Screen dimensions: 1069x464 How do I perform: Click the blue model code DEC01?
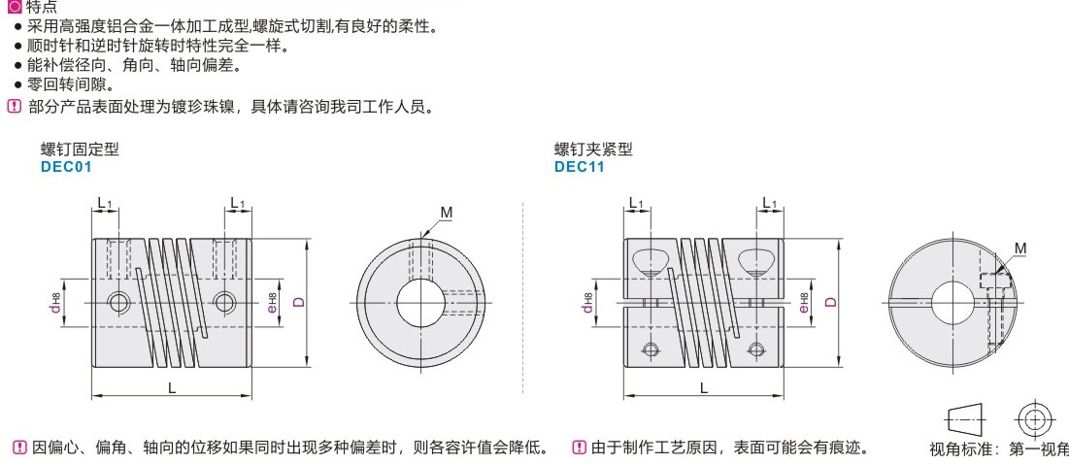point(66,166)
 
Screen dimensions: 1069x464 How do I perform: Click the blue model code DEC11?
point(580,166)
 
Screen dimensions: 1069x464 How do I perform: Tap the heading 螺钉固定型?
point(80,149)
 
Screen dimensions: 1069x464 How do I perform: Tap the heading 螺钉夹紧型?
point(593,149)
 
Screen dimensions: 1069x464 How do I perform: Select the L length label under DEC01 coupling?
point(173,387)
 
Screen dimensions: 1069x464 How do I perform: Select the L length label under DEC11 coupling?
point(704,387)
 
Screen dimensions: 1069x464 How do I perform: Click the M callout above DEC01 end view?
point(446,213)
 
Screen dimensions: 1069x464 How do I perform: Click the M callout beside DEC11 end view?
point(1019,249)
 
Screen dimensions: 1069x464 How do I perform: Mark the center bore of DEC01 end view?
point(420,303)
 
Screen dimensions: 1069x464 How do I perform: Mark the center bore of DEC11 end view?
point(952,303)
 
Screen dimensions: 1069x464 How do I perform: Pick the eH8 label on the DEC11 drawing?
point(805,303)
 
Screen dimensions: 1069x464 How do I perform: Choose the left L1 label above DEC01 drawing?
point(104,202)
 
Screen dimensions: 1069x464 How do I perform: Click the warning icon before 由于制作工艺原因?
point(579,447)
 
